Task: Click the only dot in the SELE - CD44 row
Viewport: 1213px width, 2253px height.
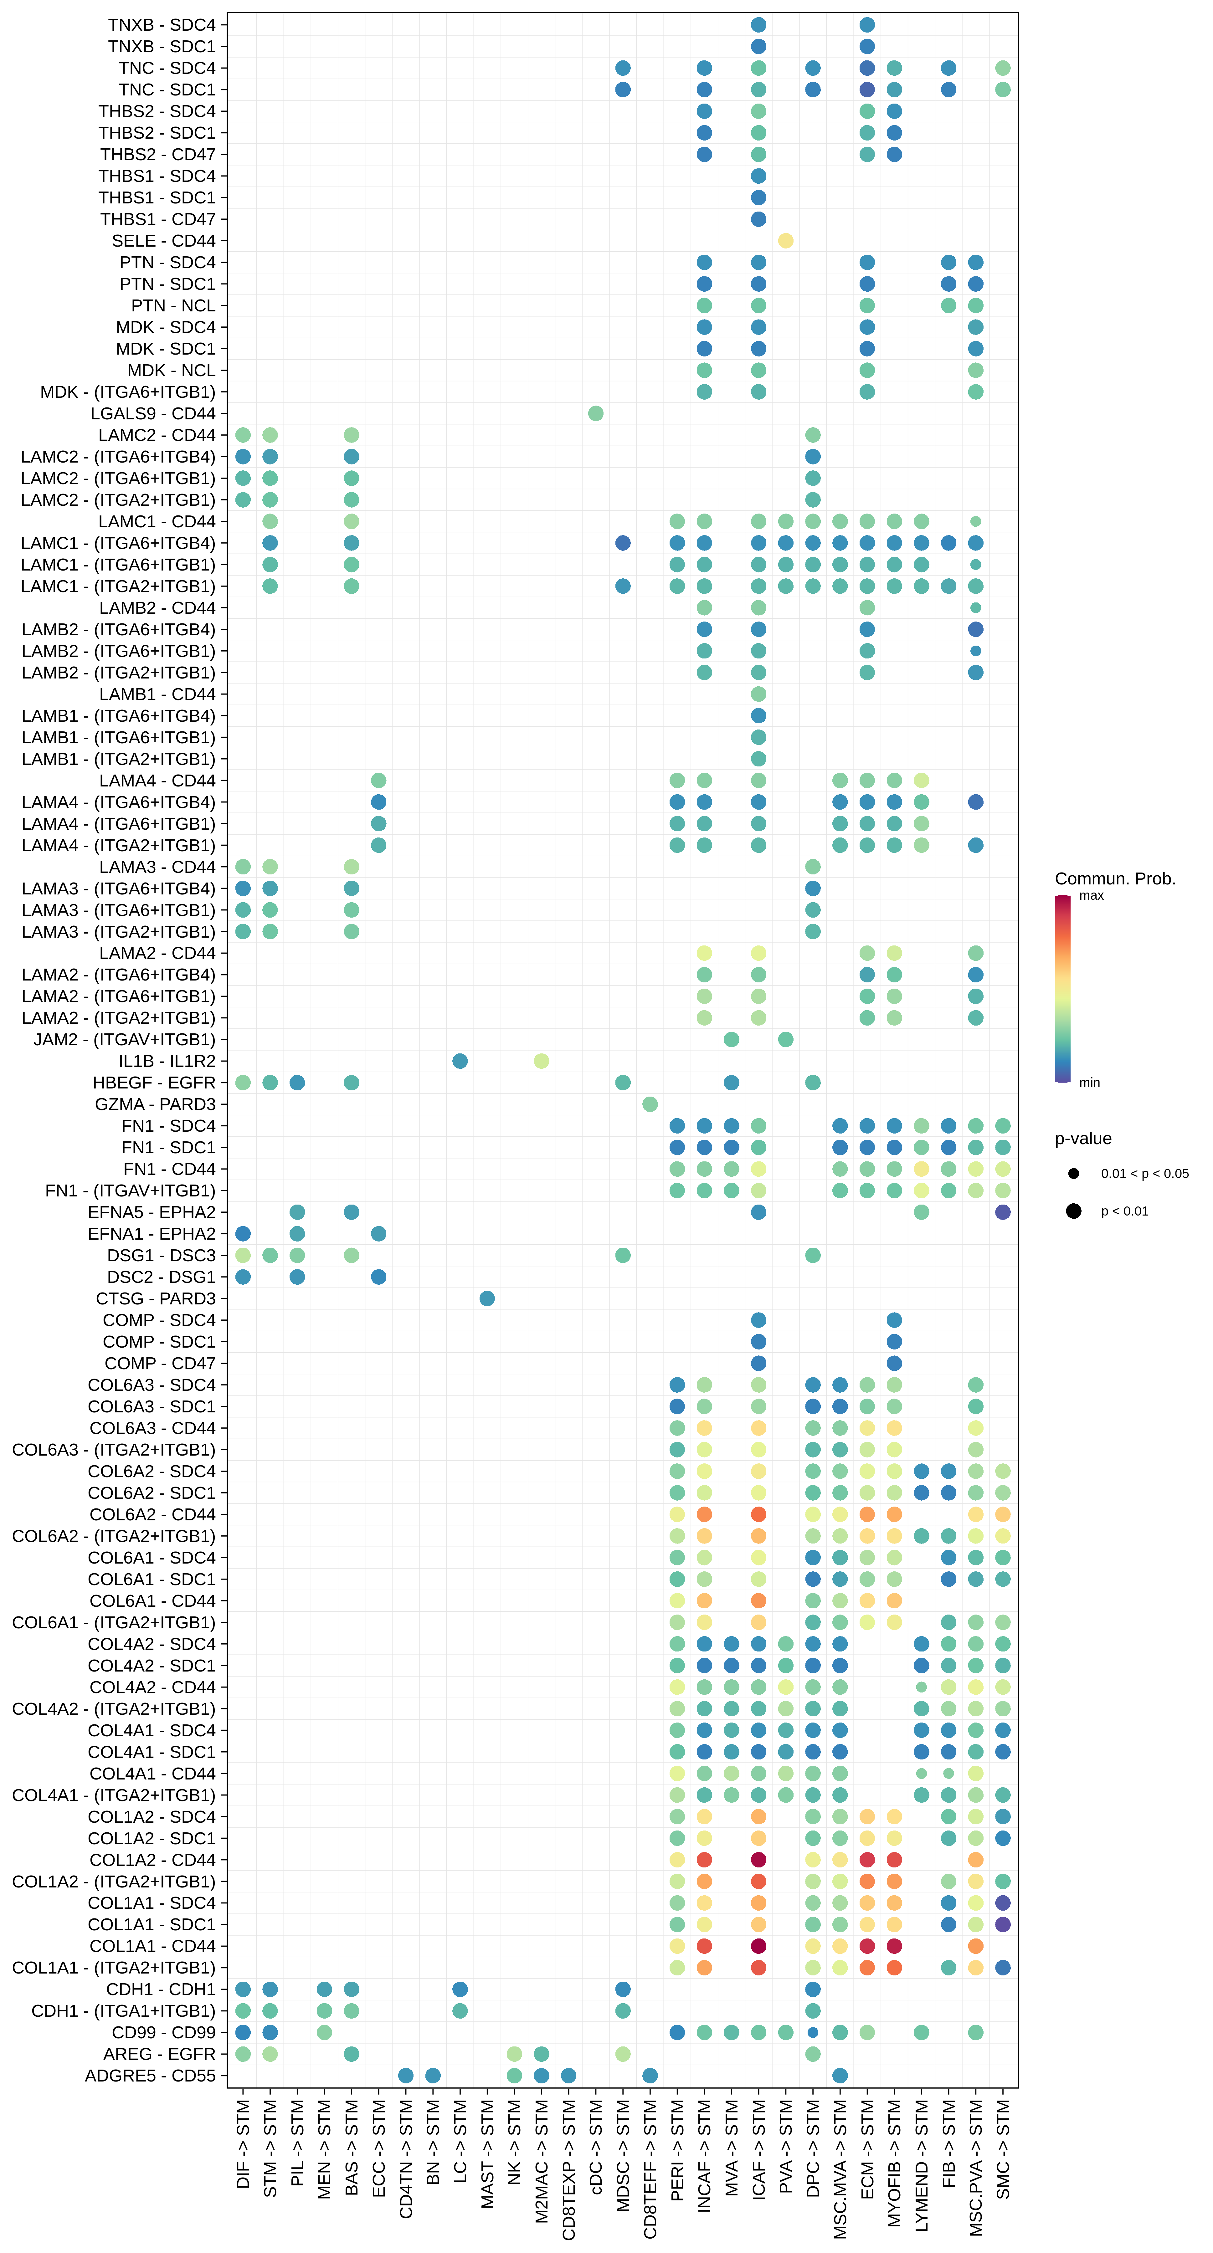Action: [x=785, y=241]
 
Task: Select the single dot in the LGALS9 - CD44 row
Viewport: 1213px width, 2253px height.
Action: [x=596, y=413]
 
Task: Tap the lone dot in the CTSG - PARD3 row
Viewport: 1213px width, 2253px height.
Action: [x=487, y=1298]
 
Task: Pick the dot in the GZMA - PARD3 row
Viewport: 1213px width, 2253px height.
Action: [x=650, y=1104]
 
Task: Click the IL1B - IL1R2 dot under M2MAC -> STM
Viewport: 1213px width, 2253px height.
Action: [x=541, y=1061]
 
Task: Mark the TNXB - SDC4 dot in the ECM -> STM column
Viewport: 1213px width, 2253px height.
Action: [x=867, y=24]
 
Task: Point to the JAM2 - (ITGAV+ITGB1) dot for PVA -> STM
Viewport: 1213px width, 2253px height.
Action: [x=785, y=1039]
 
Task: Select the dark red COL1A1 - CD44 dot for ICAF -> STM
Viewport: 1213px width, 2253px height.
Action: [x=758, y=1946]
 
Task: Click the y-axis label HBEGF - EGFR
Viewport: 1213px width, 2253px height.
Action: [x=154, y=1083]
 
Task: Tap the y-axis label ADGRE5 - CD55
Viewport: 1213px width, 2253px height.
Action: [x=151, y=2076]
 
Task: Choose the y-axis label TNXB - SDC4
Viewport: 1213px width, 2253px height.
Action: [x=162, y=24]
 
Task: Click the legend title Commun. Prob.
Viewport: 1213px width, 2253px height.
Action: [x=1115, y=878]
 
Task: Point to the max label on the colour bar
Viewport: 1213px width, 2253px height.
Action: [x=1092, y=896]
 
